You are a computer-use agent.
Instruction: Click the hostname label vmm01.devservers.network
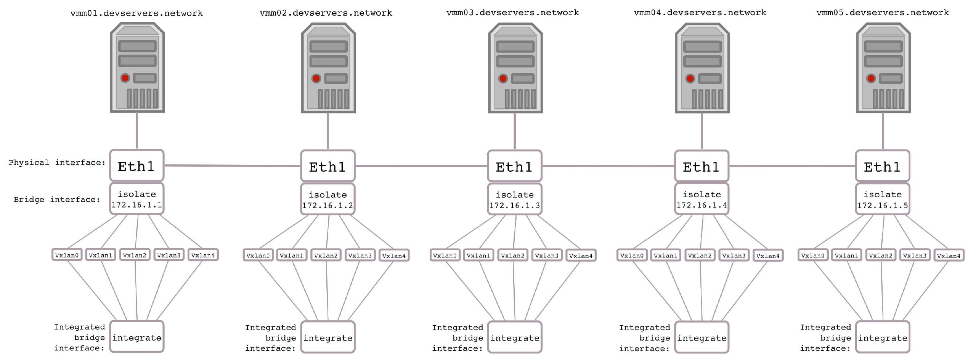(x=136, y=13)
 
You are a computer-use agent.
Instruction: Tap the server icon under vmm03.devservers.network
(x=515, y=68)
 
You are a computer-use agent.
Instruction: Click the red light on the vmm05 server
(x=871, y=79)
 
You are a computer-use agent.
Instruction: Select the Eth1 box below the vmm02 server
(x=328, y=166)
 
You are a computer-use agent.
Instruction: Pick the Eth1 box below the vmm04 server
(x=702, y=166)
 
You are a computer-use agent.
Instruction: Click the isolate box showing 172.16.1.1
(x=137, y=199)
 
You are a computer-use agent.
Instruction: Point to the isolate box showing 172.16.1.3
(x=515, y=199)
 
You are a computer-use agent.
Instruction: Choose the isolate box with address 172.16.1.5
(x=883, y=199)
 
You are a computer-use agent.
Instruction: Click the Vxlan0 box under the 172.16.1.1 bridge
(x=67, y=255)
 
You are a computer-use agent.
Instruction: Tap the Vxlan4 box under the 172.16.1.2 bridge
(x=394, y=255)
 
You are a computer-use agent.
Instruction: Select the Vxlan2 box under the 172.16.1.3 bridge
(x=513, y=255)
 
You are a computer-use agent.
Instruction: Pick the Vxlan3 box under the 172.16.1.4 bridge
(x=734, y=255)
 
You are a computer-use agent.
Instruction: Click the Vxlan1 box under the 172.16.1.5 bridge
(x=846, y=255)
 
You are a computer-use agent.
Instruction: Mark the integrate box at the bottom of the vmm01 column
(x=137, y=337)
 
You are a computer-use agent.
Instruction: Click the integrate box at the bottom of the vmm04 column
(x=702, y=337)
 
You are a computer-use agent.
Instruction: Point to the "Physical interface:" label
(x=57, y=163)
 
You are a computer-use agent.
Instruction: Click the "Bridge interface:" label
(x=57, y=199)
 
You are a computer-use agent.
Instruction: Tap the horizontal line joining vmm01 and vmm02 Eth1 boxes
(x=233, y=166)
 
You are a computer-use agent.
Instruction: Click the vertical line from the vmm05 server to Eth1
(x=883, y=131)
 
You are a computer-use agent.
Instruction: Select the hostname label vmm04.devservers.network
(x=700, y=13)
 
